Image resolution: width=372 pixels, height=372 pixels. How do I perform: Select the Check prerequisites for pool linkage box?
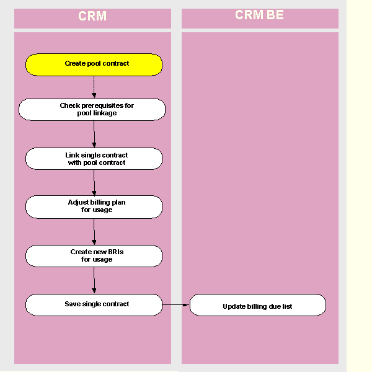click(x=92, y=110)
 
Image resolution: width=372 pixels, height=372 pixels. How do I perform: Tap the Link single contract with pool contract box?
click(x=94, y=158)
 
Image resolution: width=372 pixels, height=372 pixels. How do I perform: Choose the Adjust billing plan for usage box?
click(x=94, y=206)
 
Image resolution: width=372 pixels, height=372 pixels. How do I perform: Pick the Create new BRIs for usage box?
click(x=94, y=255)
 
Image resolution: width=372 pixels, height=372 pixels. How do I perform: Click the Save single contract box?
click(x=94, y=304)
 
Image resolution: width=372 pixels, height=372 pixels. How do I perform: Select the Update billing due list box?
click(x=257, y=306)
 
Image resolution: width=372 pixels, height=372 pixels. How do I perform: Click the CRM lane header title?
click(x=92, y=16)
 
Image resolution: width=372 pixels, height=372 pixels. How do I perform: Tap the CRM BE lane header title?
click(x=259, y=15)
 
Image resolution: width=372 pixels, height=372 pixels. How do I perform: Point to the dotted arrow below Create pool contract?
click(x=94, y=87)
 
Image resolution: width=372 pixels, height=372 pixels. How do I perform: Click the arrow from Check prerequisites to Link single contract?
click(x=94, y=133)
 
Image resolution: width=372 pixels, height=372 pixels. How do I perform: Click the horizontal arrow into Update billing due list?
click(x=176, y=304)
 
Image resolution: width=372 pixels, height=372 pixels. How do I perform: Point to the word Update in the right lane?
click(x=234, y=306)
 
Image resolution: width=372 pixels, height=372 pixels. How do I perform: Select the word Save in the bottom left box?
click(x=73, y=304)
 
